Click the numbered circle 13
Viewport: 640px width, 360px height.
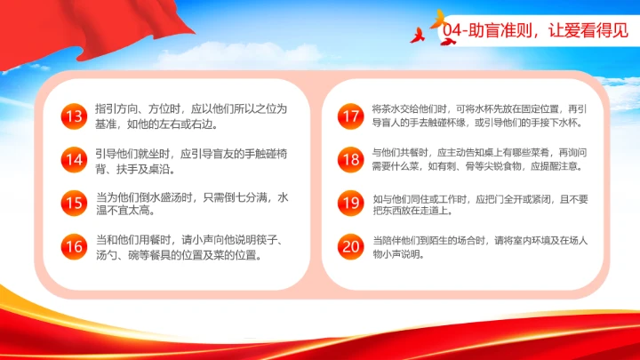click(x=73, y=116)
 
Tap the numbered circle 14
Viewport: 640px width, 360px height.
click(x=73, y=160)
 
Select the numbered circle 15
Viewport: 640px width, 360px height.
click(x=73, y=204)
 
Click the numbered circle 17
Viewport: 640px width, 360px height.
click(x=351, y=116)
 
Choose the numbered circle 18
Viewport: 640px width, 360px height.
click(x=351, y=159)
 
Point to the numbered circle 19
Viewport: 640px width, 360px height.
click(x=351, y=203)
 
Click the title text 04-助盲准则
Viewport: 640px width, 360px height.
click(x=485, y=30)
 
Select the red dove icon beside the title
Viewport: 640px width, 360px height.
click(x=418, y=36)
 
